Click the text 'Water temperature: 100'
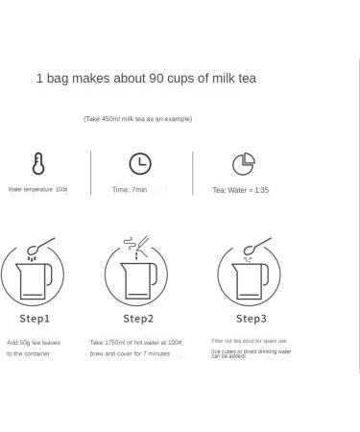click(x=38, y=190)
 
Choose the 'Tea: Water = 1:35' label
click(x=241, y=190)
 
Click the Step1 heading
click(x=35, y=318)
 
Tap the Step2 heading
click(x=138, y=318)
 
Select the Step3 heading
click(x=251, y=318)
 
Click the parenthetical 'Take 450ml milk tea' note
click(x=137, y=119)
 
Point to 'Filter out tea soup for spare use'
click(x=249, y=341)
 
